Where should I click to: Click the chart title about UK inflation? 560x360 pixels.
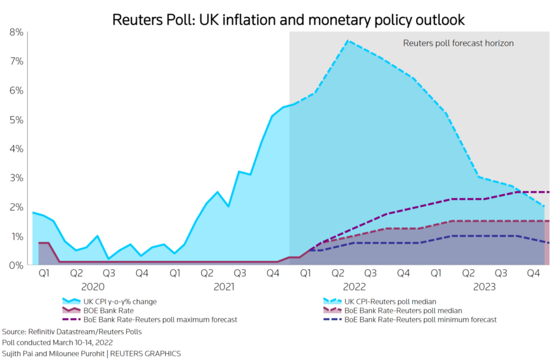point(288,20)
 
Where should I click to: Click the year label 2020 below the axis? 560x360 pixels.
point(93,286)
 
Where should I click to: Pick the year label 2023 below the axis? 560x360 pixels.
point(485,286)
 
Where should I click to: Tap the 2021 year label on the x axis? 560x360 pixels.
point(224,286)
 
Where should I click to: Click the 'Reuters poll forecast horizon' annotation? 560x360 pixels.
point(458,43)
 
